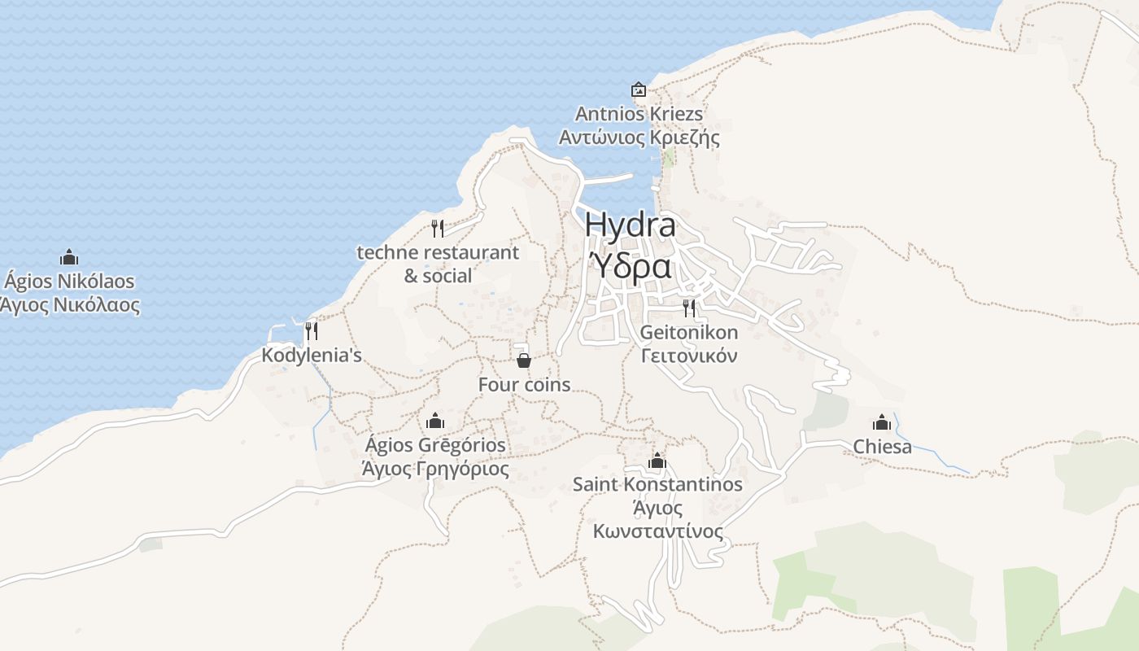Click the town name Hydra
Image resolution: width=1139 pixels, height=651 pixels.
pyautogui.click(x=630, y=225)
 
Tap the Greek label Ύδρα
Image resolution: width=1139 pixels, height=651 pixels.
pyautogui.click(x=630, y=265)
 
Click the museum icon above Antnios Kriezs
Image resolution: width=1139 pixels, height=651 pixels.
pyautogui.click(x=639, y=90)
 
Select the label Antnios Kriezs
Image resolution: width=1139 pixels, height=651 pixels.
pyautogui.click(x=639, y=114)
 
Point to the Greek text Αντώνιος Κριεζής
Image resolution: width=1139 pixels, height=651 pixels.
pyautogui.click(x=639, y=138)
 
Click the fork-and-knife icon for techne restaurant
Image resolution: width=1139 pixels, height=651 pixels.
pyautogui.click(x=438, y=228)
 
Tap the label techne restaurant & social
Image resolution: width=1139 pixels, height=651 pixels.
pyautogui.click(x=438, y=264)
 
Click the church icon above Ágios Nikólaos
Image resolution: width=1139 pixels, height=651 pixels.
pyautogui.click(x=69, y=258)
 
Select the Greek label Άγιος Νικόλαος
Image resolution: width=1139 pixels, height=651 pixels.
pyautogui.click(x=69, y=306)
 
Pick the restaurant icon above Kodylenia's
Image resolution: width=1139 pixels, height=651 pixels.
pyautogui.click(x=311, y=331)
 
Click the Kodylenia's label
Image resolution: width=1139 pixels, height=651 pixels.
pyautogui.click(x=312, y=356)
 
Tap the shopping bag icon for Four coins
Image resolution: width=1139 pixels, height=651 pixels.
pyautogui.click(x=524, y=360)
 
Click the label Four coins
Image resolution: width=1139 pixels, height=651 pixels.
pyautogui.click(x=524, y=385)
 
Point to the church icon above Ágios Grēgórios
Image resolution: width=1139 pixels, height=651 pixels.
pyautogui.click(x=435, y=421)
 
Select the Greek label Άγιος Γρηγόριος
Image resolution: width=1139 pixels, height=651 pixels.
pyautogui.click(x=435, y=470)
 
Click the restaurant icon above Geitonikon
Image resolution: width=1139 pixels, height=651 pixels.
pyautogui.click(x=689, y=308)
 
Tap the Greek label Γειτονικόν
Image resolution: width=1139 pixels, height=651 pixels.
pyautogui.click(x=689, y=356)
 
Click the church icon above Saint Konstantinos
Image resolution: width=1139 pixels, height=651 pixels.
pyautogui.click(x=657, y=461)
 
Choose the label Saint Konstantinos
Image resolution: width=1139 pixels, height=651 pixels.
pyautogui.click(x=657, y=484)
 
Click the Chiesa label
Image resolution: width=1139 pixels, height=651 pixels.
pyautogui.click(x=882, y=447)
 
